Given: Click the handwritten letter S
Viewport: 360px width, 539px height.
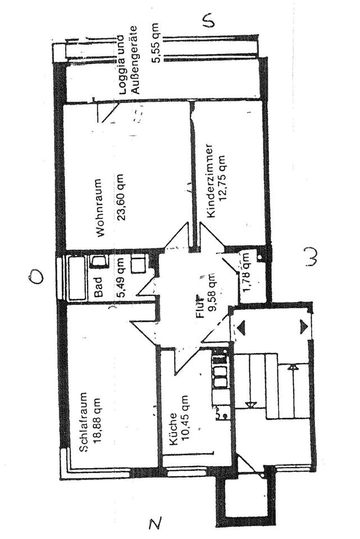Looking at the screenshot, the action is click(208, 21).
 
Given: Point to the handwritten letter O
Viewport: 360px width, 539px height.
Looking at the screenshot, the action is click(36, 276).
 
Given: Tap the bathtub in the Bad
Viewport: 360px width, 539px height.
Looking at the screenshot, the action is click(75, 278).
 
